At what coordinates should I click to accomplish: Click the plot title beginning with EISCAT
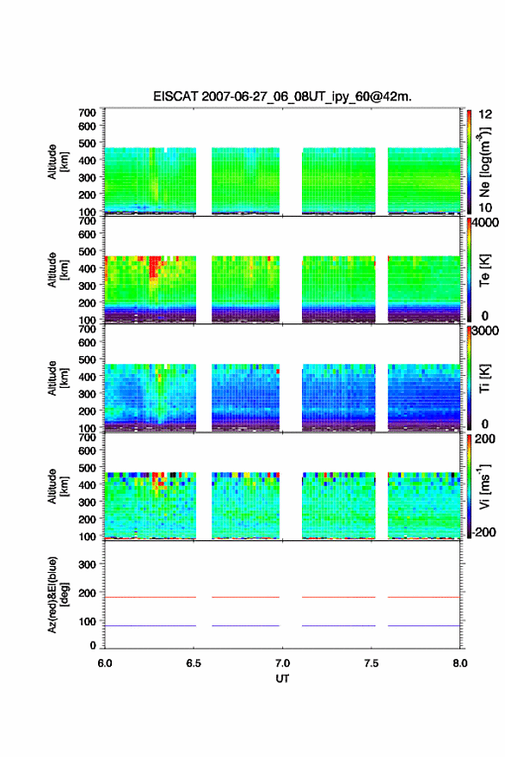[x=282, y=96]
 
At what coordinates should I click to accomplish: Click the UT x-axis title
[x=282, y=679]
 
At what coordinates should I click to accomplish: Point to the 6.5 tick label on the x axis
[x=194, y=663]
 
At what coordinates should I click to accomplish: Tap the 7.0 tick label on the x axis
[x=282, y=663]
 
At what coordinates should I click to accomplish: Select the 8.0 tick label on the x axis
[x=460, y=663]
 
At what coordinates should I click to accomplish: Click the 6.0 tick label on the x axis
[x=105, y=663]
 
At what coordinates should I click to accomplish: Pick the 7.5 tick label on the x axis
[x=372, y=663]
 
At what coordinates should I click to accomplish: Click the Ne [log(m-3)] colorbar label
[x=484, y=163]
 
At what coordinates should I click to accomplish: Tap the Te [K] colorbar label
[x=484, y=270]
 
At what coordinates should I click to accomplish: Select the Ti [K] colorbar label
[x=484, y=378]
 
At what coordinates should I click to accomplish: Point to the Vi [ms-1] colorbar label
[x=484, y=487]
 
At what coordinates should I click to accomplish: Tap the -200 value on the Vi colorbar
[x=483, y=532]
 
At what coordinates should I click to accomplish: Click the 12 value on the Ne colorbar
[x=485, y=114]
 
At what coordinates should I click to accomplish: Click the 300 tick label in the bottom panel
[x=87, y=564]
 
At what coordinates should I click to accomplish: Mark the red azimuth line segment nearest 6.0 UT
[x=151, y=597]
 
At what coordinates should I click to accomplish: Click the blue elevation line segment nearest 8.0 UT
[x=424, y=625]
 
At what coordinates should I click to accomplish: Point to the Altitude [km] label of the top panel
[x=57, y=162]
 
